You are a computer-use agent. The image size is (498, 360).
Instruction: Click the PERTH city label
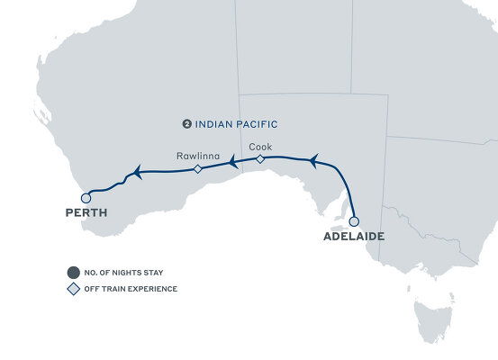(86, 213)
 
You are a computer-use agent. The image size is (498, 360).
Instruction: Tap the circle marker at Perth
(85, 197)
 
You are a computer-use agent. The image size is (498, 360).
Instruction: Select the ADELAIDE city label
(354, 237)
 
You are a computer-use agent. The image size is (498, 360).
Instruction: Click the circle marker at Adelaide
(354, 220)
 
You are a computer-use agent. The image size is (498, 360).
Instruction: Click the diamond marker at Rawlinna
(197, 168)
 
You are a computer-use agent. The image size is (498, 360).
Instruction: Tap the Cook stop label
(259, 146)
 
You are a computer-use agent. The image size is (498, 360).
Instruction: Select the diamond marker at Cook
(259, 159)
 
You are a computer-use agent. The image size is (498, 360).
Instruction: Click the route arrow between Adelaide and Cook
(312, 160)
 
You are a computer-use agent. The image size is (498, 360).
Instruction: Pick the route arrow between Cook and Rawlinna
(231, 163)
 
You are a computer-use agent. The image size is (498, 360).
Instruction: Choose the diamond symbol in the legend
(72, 289)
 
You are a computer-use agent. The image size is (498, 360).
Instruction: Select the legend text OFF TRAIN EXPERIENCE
(131, 289)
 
